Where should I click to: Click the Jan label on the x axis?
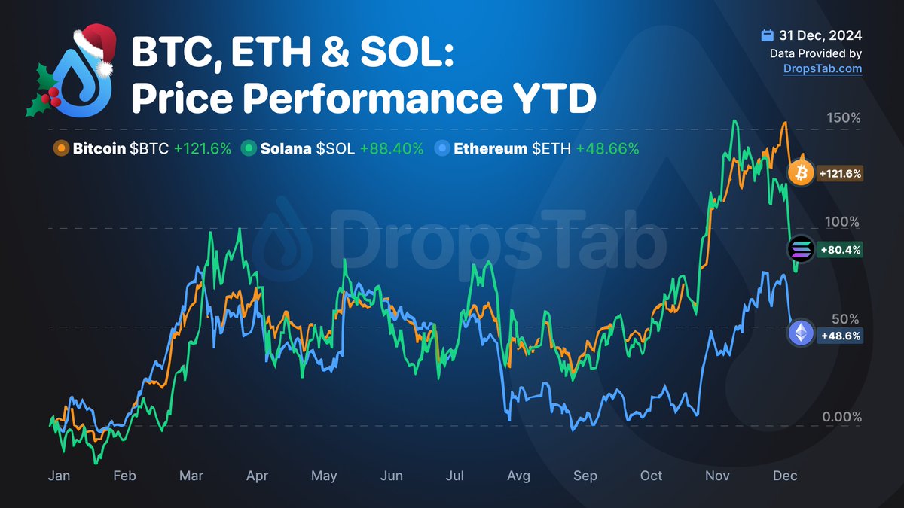click(60, 476)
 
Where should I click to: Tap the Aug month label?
click(518, 476)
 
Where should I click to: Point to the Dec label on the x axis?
click(784, 476)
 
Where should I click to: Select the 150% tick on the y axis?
click(844, 118)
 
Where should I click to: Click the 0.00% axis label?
click(841, 417)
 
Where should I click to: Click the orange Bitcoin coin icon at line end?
click(800, 174)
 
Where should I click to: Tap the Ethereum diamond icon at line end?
click(801, 333)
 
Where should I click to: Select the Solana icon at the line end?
click(800, 249)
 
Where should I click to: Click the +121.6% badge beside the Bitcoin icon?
click(838, 174)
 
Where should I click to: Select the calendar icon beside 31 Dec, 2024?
click(767, 35)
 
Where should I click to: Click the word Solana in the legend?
click(286, 149)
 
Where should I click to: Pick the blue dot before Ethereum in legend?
click(443, 149)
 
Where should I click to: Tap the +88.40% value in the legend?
click(392, 149)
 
